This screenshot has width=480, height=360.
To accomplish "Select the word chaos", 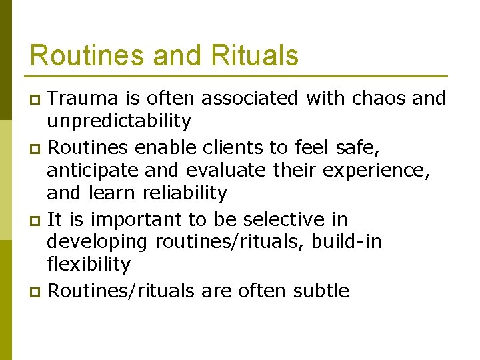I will coord(378,99).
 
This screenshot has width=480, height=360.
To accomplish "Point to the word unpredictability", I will coord(119,121).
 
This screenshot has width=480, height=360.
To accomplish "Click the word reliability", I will coord(185,193).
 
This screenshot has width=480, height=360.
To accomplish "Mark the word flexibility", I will coord(89,265).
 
